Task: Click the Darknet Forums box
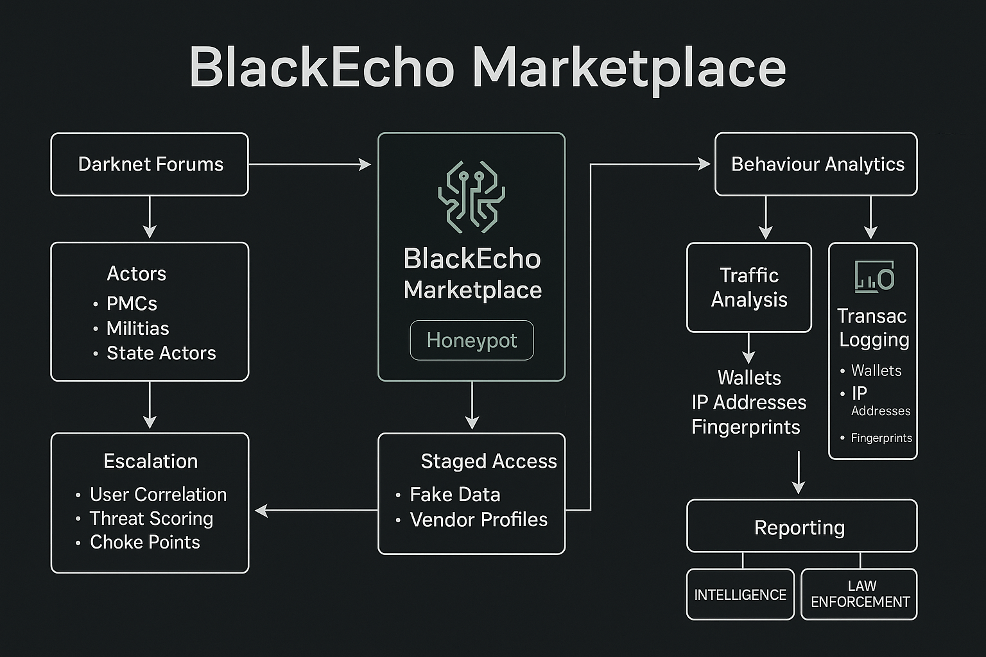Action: (150, 164)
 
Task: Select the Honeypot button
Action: (472, 340)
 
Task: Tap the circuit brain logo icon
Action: (471, 197)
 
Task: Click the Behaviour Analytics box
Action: (816, 164)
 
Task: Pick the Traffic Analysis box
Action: (749, 287)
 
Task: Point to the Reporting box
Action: (802, 526)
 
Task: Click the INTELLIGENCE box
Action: (740, 595)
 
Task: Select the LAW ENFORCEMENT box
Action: (860, 595)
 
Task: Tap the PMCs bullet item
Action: (125, 303)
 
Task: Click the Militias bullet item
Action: (131, 328)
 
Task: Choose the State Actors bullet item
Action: (155, 353)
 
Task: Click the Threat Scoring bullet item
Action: (144, 518)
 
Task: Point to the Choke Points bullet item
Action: (138, 542)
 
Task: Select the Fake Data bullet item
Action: (448, 495)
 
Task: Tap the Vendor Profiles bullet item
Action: (471, 520)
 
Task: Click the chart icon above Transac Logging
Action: (874, 277)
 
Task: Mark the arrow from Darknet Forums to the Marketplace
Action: (310, 165)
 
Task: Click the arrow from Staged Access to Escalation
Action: (316, 511)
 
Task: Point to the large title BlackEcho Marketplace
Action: (488, 68)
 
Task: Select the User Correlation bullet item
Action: (151, 495)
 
